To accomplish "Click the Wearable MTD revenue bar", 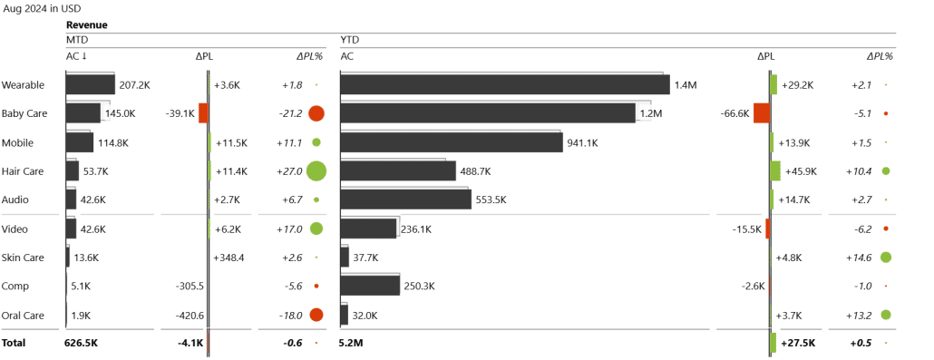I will (x=90, y=84).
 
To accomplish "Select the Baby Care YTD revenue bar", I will (x=487, y=113).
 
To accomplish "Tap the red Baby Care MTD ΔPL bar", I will (x=203, y=113).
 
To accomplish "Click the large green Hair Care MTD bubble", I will (x=316, y=170).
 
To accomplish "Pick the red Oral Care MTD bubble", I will (x=316, y=315).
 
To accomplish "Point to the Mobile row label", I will (x=18, y=142).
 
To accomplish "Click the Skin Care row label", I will (x=23, y=258).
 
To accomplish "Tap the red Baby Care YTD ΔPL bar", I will (x=761, y=113).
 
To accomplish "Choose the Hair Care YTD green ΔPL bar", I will (x=774, y=170).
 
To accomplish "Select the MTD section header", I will (x=77, y=41).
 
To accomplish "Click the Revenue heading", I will (x=86, y=25).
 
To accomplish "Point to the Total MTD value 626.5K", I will (x=81, y=344).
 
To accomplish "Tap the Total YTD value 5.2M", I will (x=353, y=344).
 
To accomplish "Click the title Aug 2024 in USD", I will (x=42, y=8).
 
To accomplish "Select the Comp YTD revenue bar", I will (x=370, y=286).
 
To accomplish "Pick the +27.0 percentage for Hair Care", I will (x=289, y=170).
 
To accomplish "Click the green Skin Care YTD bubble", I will (x=885, y=258).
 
